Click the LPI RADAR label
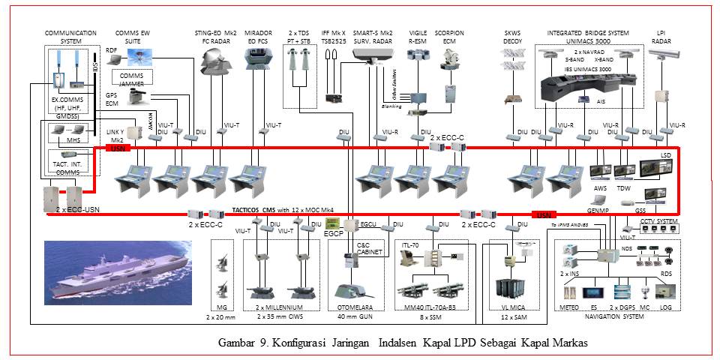pos(661,37)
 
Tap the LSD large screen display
pos(658,170)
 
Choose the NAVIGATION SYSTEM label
pos(613,316)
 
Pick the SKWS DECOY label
pos(513,37)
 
